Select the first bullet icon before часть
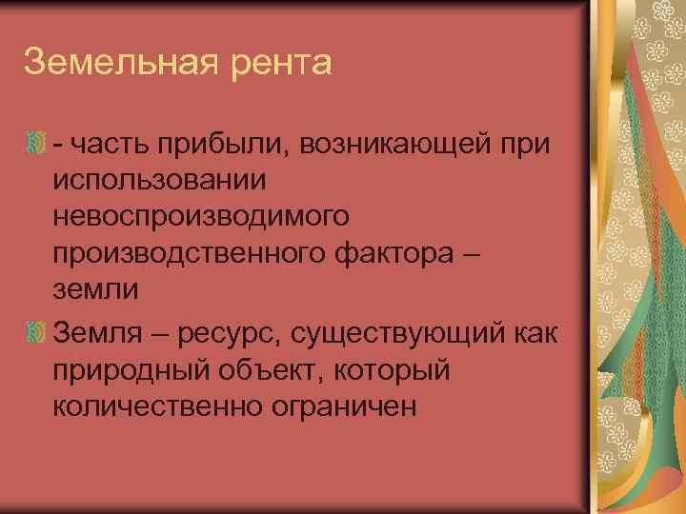coord(37,143)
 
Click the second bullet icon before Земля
coord(37,334)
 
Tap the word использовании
coord(160,179)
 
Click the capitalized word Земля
coord(99,333)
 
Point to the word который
coord(407,371)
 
